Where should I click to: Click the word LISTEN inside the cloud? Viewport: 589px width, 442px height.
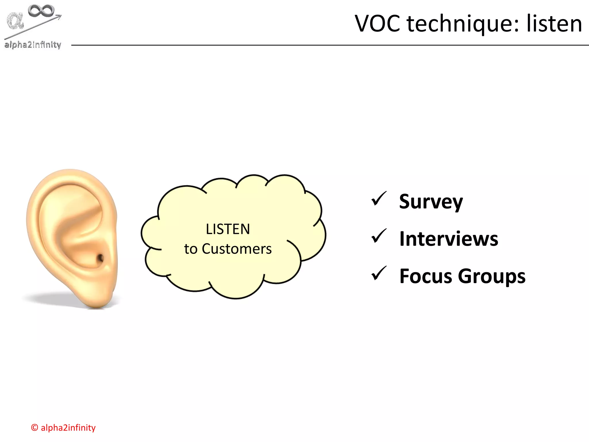click(x=228, y=229)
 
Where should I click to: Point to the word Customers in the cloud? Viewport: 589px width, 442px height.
click(x=236, y=249)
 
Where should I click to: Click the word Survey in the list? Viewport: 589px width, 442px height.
click(x=431, y=202)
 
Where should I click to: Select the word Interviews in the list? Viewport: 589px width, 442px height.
click(x=449, y=239)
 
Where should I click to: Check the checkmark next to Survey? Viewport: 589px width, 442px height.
click(x=378, y=199)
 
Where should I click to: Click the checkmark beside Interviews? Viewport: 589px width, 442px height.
click(x=378, y=236)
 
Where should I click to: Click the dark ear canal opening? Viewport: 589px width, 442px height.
click(x=100, y=258)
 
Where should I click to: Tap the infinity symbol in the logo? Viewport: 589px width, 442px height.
click(x=41, y=11)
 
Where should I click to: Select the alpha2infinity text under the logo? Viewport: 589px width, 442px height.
click(x=33, y=45)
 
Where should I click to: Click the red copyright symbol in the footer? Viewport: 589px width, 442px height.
click(x=35, y=428)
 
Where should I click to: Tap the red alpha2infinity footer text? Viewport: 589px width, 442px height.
click(x=68, y=428)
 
